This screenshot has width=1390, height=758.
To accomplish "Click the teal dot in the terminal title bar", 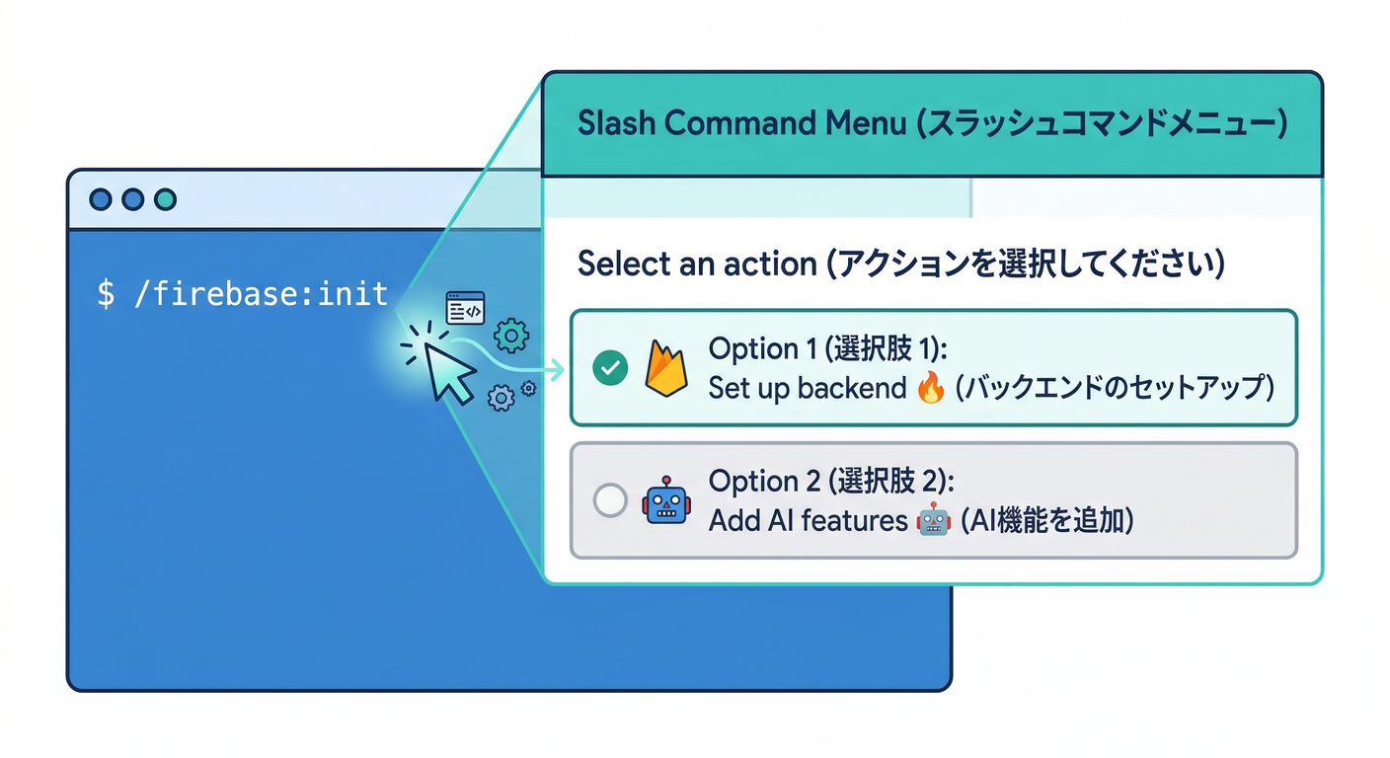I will click(164, 199).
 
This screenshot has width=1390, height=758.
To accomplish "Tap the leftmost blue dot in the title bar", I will click(101, 199).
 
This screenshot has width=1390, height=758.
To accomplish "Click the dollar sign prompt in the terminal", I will click(106, 293).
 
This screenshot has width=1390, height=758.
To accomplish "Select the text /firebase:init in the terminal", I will click(260, 293).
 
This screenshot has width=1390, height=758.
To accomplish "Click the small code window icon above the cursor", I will click(465, 309).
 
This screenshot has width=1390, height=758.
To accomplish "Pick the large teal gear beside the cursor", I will click(510, 337).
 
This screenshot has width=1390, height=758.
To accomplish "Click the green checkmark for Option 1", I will click(610, 369).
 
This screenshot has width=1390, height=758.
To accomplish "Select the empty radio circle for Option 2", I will click(610, 500).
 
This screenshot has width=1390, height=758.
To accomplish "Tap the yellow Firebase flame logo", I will click(665, 367).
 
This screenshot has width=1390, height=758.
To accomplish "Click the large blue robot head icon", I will click(666, 499).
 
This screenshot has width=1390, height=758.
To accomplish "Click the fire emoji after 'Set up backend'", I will click(930, 389).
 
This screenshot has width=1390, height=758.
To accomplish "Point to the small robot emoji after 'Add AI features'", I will click(932, 520).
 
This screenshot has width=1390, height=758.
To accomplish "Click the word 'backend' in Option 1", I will click(852, 388).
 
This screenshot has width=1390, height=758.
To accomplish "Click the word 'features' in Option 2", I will click(854, 520).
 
